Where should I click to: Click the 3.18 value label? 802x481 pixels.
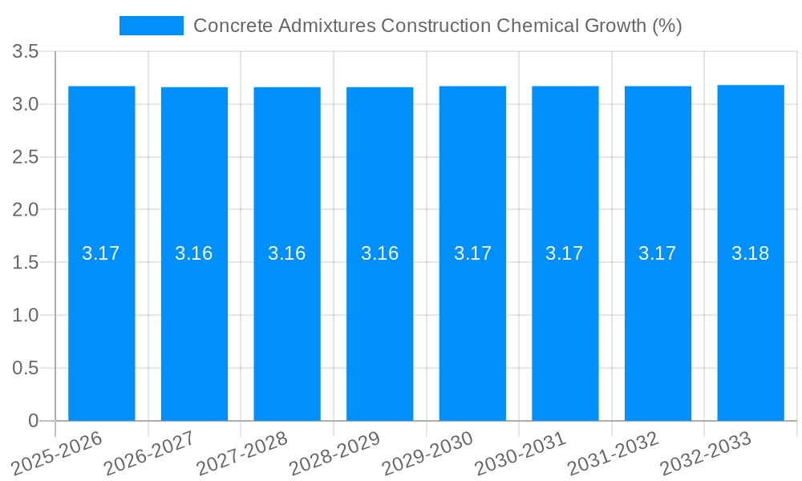pos(751,254)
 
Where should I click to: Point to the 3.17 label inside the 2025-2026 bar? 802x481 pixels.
pos(101,254)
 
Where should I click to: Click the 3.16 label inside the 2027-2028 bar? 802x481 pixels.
pos(287,254)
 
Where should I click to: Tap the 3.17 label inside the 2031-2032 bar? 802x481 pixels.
pos(658,254)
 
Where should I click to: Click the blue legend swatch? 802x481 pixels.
pos(151,26)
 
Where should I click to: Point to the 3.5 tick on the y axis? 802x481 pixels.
pos(26,53)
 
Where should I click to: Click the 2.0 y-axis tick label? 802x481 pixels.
pos(26,210)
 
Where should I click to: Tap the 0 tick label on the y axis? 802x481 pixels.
pos(33,421)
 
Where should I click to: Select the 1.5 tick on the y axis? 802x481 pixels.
pos(26,263)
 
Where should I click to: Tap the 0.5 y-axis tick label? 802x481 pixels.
pos(26,368)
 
